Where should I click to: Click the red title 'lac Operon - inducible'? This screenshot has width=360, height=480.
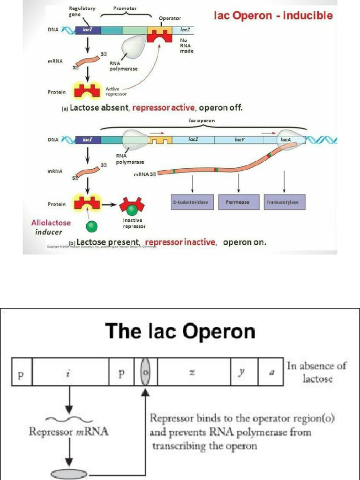[x=273, y=15]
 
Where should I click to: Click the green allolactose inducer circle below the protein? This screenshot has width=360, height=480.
[x=92, y=227]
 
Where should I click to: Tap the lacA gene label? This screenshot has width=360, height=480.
[x=285, y=140]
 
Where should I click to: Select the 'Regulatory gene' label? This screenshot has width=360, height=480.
[x=82, y=11]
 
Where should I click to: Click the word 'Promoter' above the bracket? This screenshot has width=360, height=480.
[x=125, y=8]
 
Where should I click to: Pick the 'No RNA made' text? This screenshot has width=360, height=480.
[x=186, y=45]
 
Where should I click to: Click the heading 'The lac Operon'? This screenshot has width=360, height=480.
[x=180, y=331]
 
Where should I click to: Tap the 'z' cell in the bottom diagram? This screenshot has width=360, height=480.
[x=192, y=373]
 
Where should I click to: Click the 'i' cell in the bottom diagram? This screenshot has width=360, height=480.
[x=69, y=373]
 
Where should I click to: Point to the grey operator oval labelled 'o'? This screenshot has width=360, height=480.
[x=145, y=373]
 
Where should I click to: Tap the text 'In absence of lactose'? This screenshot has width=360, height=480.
[x=317, y=372]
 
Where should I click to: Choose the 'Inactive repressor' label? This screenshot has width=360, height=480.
[x=134, y=223]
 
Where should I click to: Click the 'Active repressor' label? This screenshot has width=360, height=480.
[x=113, y=91]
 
